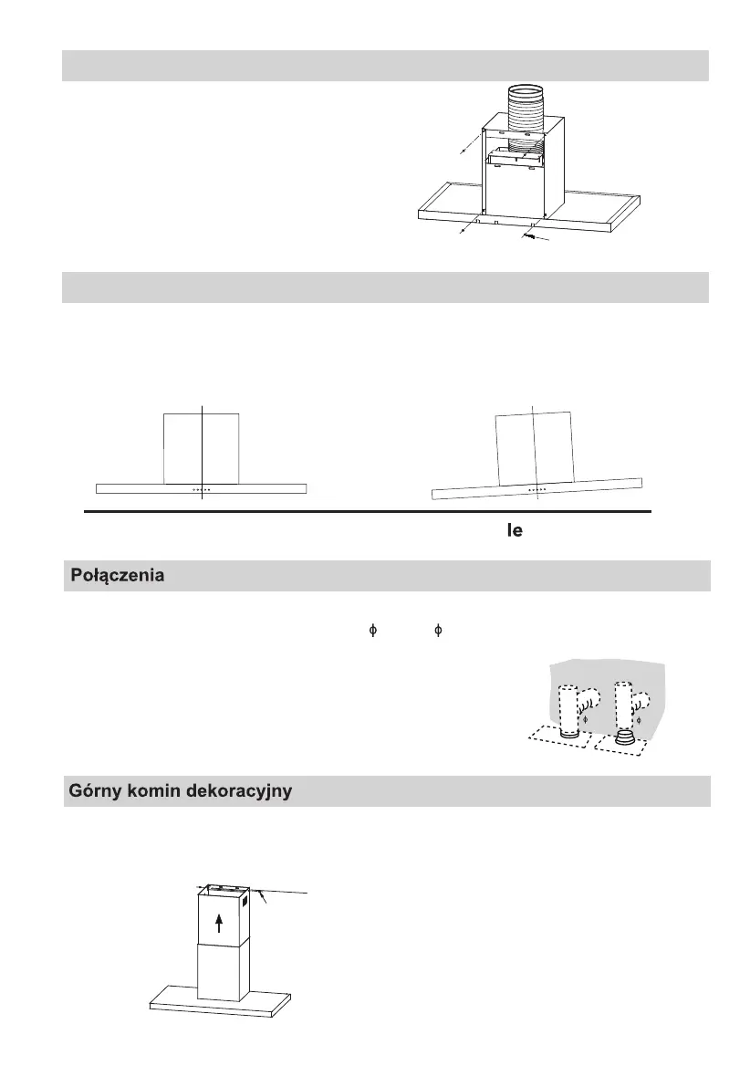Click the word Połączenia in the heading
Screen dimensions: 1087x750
point(118,578)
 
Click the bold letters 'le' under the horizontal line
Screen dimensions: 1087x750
point(515,530)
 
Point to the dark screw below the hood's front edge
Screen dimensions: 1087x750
point(528,237)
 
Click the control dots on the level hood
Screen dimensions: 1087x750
point(202,489)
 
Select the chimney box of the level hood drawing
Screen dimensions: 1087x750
point(202,447)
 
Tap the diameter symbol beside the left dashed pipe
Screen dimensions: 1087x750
point(588,720)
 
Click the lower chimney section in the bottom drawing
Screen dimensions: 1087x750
point(219,972)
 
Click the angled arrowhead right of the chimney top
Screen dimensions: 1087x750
point(262,900)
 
